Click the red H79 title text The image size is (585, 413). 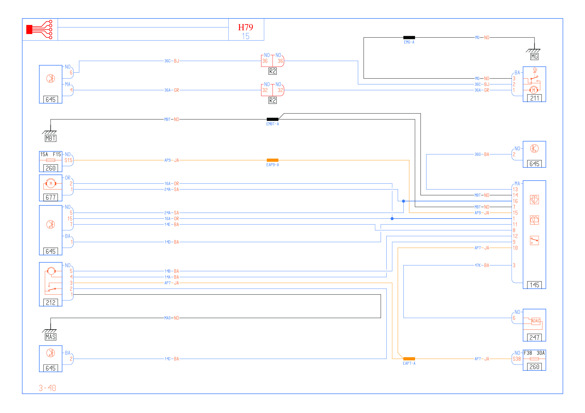point(245,27)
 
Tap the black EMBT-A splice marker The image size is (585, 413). point(272,119)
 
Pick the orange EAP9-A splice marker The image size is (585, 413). point(272,160)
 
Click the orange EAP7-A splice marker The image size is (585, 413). point(409,359)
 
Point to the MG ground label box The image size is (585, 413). point(534,57)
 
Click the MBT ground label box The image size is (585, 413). point(50,138)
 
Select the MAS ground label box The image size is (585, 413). point(50,337)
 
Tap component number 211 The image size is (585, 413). point(534,98)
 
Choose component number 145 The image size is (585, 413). point(534,285)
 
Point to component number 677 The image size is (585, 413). point(50,197)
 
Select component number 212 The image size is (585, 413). point(50,303)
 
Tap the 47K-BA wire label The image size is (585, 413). point(482,265)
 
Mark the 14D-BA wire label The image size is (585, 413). point(172,242)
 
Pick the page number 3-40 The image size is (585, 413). point(47,388)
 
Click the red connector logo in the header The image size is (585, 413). point(39,30)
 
